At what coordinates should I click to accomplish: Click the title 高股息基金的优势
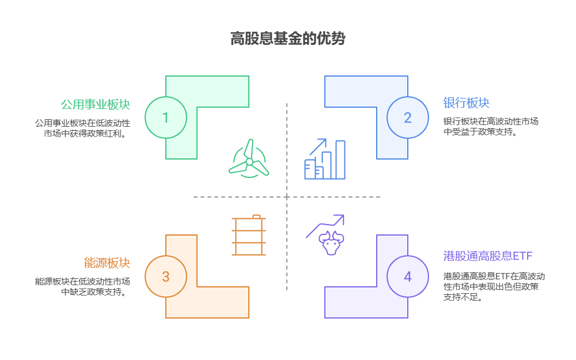pos(287,39)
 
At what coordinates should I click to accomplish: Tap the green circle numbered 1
pos(166,118)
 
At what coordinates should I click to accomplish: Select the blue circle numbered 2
pos(408,118)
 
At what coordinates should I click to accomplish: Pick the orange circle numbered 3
pos(166,276)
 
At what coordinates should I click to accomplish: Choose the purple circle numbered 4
pos(408,276)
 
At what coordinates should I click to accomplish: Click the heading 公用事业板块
pos(95,104)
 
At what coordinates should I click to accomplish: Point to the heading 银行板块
pos(466,103)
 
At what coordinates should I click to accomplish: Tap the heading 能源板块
pos(107,263)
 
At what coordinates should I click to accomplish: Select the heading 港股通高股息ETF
pos(487,255)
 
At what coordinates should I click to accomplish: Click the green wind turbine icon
pos(249,160)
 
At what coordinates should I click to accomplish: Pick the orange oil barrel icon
pos(249,235)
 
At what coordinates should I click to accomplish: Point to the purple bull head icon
pos(331,242)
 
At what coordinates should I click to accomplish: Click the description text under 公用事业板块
pos(82,128)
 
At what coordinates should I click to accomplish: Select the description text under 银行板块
pos(491,126)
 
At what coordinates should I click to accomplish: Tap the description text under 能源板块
pos(82,286)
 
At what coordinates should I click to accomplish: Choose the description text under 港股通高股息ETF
pos(491,286)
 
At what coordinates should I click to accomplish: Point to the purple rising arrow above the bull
pos(325,225)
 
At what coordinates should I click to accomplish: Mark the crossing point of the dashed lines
pos(287,197)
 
